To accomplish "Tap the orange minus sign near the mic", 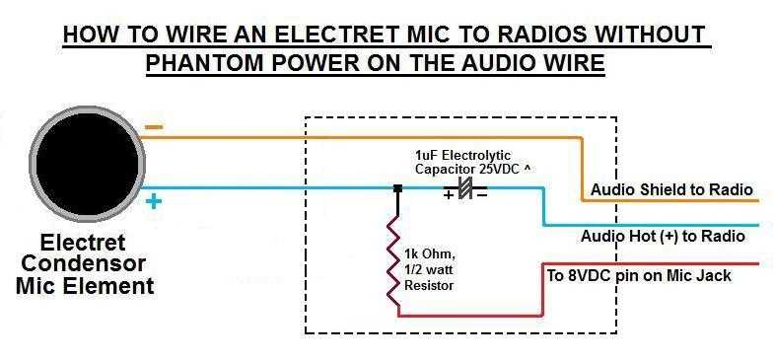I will point(155,128).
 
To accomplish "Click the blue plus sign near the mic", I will point(154,202).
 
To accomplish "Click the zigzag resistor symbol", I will point(397,260).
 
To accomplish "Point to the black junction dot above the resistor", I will point(397,187).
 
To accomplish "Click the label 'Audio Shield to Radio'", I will point(671,189).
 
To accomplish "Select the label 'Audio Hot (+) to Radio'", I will point(662,237).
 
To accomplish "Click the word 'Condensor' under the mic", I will point(83,264).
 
